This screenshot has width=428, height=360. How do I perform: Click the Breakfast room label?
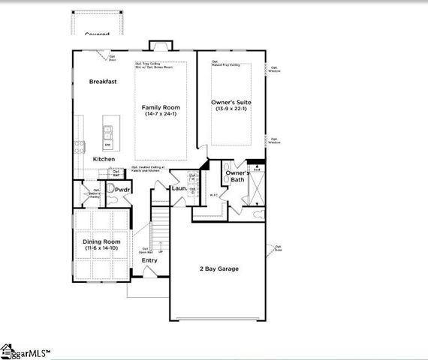102,81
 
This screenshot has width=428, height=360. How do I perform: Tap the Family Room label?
161,108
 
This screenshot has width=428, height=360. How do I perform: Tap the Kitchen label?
104,159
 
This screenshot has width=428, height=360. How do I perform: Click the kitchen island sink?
107,133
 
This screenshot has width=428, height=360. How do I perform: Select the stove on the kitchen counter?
78,146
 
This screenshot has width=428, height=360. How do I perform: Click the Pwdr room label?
123,190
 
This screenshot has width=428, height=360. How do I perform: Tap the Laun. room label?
179,188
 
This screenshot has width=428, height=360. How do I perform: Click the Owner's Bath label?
237,176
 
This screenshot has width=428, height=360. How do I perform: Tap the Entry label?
160,260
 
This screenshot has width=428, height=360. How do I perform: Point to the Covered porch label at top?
97,34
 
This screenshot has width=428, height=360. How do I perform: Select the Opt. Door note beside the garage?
277,247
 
